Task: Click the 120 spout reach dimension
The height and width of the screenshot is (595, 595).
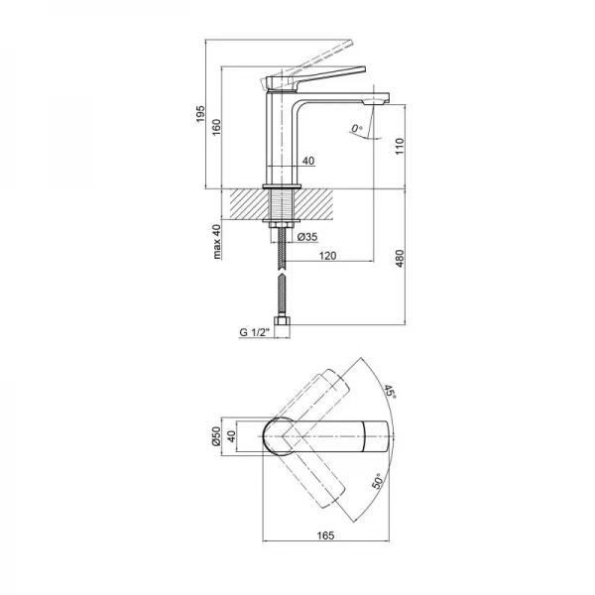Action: pos(328,256)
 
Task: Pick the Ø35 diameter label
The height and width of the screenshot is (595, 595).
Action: pos(305,237)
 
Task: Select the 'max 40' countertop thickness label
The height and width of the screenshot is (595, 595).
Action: pos(216,242)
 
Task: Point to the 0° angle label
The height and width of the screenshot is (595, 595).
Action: pos(359,128)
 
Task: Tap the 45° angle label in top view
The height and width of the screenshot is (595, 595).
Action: pos(390,395)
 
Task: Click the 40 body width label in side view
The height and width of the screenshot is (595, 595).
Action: pos(307,161)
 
